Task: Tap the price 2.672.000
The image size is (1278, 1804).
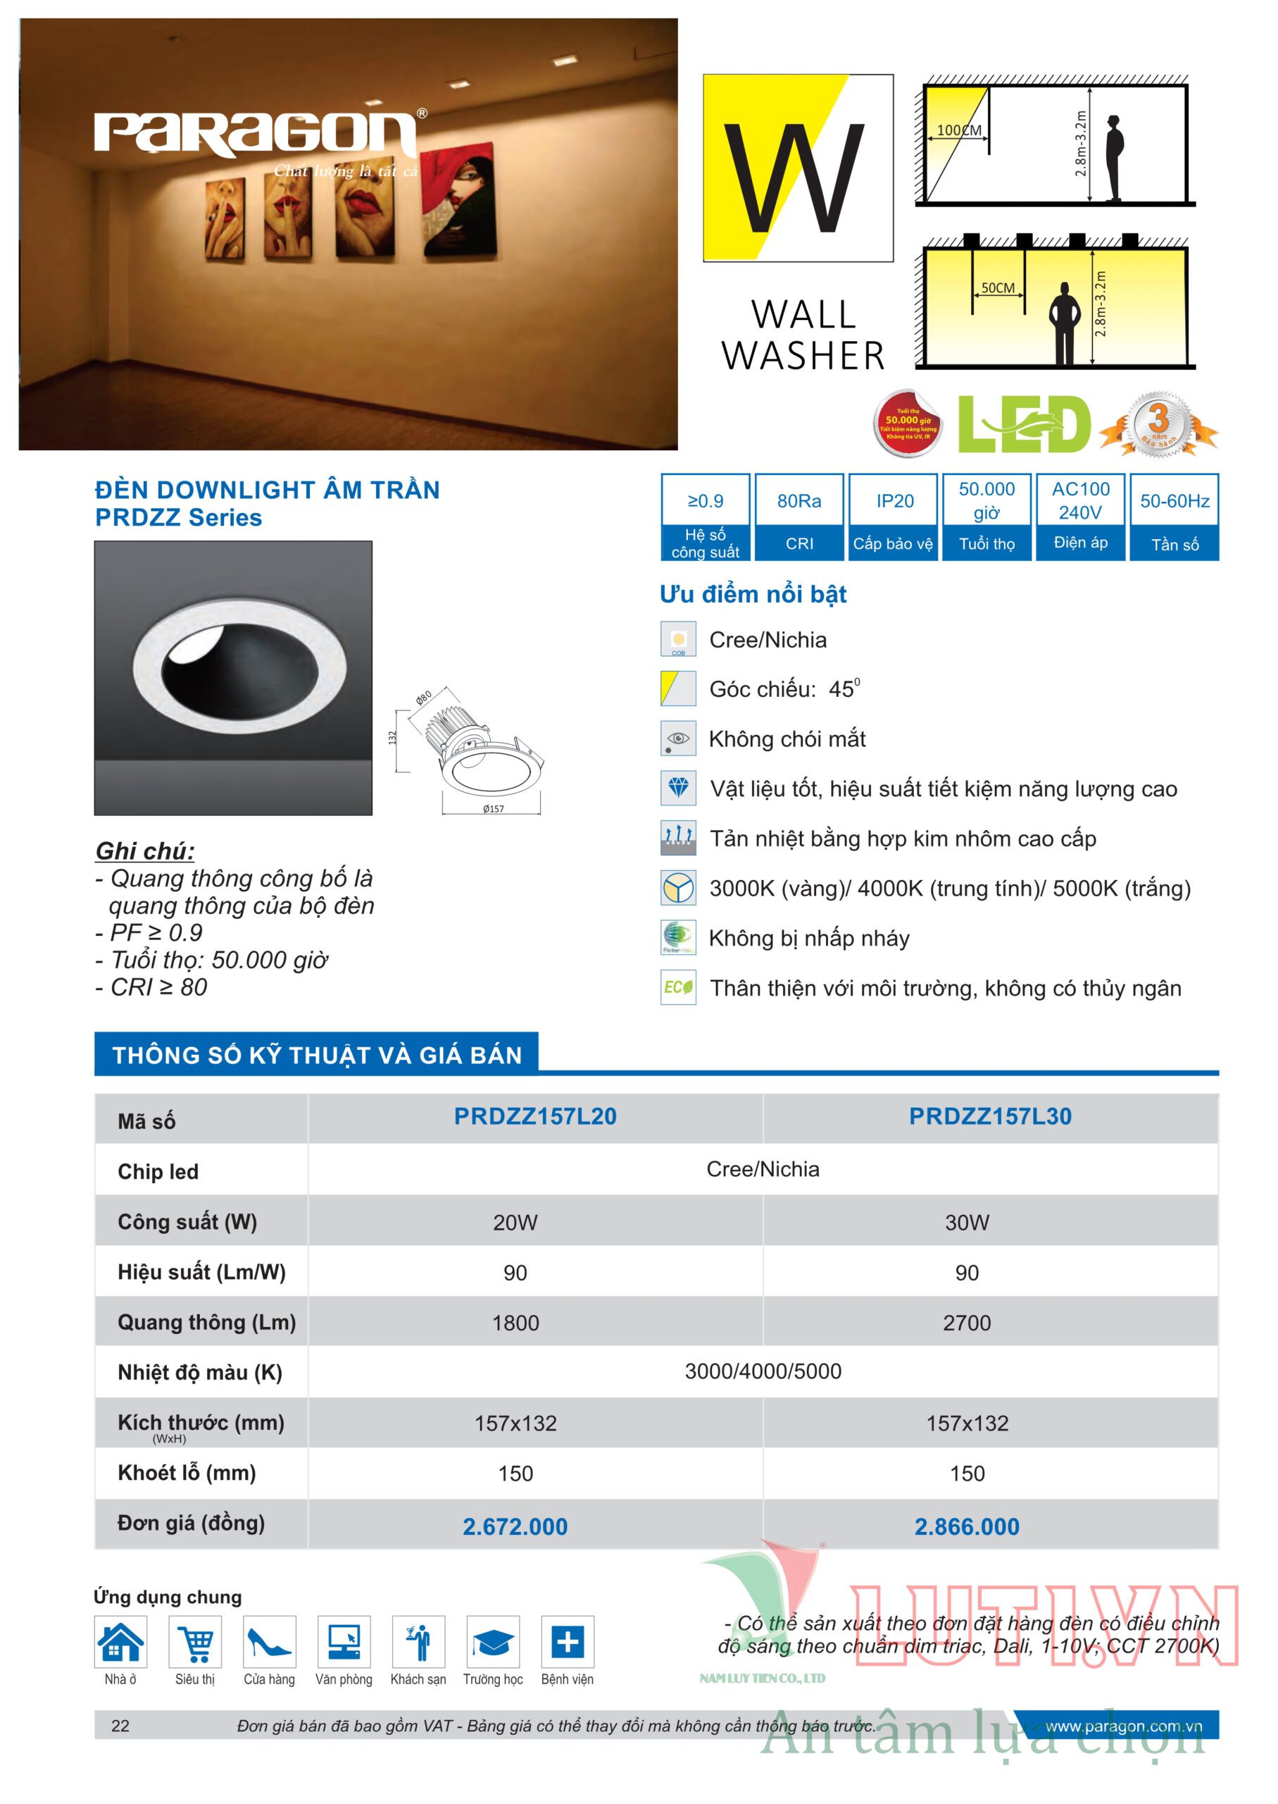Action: [x=515, y=1526]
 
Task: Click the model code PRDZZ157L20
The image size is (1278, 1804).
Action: [x=535, y=1116]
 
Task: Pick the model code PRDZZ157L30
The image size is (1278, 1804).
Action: [x=990, y=1116]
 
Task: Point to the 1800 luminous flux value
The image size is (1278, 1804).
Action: [x=515, y=1323]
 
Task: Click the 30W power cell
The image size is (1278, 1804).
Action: [x=967, y=1222]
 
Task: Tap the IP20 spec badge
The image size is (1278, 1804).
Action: [x=895, y=502]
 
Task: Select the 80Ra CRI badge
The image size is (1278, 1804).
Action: [x=798, y=502]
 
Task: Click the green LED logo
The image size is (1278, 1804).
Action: [x=1024, y=424]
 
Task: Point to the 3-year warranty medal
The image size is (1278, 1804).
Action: [x=1158, y=424]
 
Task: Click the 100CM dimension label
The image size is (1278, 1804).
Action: [x=958, y=130]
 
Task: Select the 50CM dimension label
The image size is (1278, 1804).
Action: [x=997, y=288]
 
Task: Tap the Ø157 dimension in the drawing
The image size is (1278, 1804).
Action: [x=494, y=809]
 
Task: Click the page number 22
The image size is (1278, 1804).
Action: [x=120, y=1725]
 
